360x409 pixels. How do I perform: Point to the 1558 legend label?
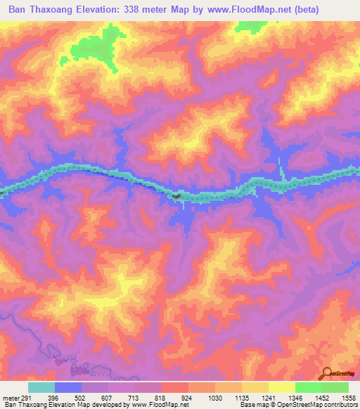(x=349, y=397)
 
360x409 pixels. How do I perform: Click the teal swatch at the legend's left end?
(x=41, y=387)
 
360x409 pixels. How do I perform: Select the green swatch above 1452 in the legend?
(x=309, y=387)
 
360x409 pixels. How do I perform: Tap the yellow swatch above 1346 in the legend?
(x=282, y=387)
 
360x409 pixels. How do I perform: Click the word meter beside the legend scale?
(x=11, y=397)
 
